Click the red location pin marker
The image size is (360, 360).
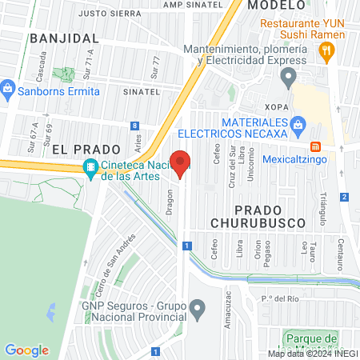[x=182, y=163]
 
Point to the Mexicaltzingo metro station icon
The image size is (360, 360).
[x=316, y=147]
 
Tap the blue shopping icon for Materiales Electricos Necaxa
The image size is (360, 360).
[x=298, y=124]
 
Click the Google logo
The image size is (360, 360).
[x=26, y=350]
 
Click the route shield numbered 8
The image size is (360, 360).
[x=136, y=126]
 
